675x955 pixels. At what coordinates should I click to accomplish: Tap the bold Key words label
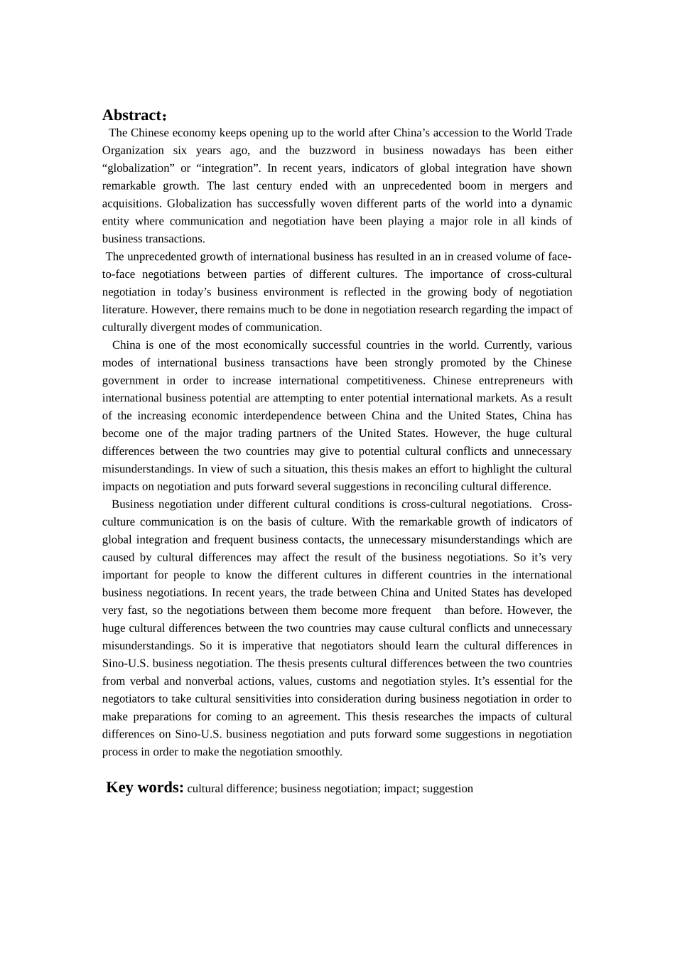point(145,787)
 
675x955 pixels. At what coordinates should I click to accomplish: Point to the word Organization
point(133,150)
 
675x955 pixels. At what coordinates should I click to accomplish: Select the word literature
point(125,309)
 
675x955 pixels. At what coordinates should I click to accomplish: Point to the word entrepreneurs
point(504,380)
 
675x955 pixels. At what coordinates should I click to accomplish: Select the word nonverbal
point(219,681)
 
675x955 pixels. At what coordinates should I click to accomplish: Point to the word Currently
point(507,345)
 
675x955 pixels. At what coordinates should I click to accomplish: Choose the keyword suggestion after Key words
point(448,788)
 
